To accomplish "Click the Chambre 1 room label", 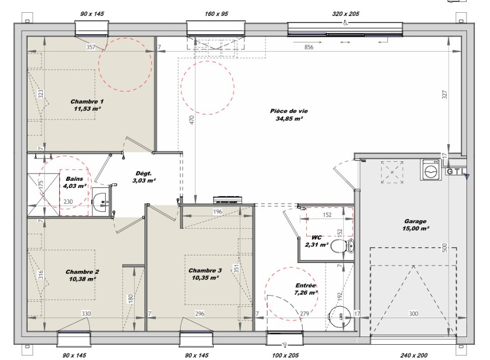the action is tap(87, 102).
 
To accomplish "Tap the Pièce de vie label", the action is tap(289, 111).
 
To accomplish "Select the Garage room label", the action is tap(415, 221).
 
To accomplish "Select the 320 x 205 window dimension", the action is tap(346, 14).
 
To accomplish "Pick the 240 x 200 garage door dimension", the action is tap(414, 355).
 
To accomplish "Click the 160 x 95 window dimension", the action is tap(216, 14).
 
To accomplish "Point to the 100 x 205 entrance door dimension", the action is tap(285, 355).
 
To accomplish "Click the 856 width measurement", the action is tap(309, 47).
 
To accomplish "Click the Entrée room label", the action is tap(306, 285).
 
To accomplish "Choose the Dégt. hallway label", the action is tap(144, 174).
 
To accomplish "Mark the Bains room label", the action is tap(75, 179).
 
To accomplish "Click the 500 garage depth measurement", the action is tap(445, 248).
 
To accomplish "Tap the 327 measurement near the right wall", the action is tap(445, 94).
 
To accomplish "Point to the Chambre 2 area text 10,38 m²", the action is tap(83, 279).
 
